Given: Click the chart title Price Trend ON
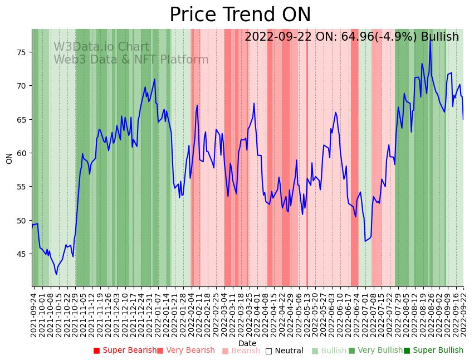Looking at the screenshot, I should click(240, 15).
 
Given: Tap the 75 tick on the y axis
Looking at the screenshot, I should click(21, 52).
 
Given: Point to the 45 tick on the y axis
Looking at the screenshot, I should click(21, 254).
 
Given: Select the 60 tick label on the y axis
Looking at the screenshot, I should click(21, 153).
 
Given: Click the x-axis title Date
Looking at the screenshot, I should click(247, 344).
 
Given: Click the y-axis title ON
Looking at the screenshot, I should click(9, 158).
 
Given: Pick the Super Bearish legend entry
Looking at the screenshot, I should click(125, 351).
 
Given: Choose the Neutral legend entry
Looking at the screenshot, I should click(284, 351).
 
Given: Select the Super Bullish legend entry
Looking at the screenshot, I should click(433, 351).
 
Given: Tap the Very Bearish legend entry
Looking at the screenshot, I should click(185, 351).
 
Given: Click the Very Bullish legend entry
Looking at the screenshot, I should click(375, 351).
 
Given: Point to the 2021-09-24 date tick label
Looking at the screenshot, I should click(34, 314).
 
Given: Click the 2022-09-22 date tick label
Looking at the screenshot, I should click(463, 314).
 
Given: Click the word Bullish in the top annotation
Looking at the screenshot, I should click(439, 37).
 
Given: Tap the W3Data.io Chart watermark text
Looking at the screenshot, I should click(101, 47).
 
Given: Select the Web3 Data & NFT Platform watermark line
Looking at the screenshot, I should click(131, 60).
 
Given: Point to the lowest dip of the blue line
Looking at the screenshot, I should click(56, 274).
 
